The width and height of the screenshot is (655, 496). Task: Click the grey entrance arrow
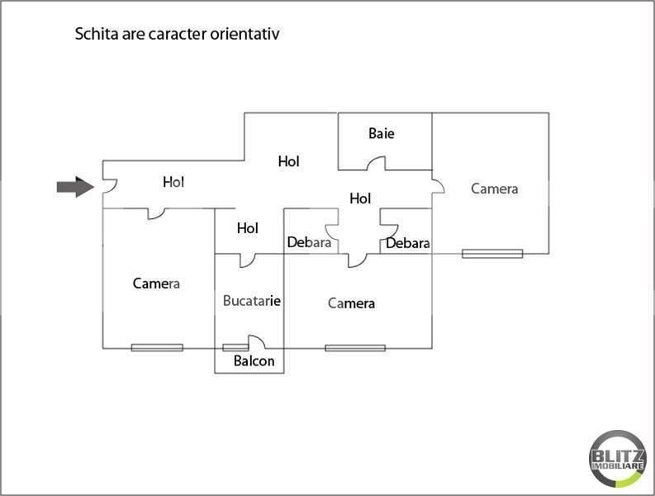74,188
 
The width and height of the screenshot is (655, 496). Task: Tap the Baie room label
382,133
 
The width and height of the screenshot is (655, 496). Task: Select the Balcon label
254,361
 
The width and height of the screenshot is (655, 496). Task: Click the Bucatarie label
252,301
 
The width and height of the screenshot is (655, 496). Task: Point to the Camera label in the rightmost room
494,188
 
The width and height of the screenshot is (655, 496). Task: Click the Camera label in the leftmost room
156,284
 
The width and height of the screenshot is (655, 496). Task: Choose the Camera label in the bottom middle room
351,303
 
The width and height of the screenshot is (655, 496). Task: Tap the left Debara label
309,243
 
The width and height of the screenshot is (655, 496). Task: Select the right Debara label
408,243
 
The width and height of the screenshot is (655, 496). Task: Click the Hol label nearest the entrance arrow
173,182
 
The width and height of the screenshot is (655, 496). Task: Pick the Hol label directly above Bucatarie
248,228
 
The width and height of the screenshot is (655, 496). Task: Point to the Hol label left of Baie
288,162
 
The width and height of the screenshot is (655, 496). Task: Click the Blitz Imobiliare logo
618,457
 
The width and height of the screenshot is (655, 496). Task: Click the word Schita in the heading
95,35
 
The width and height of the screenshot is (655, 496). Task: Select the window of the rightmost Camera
492,253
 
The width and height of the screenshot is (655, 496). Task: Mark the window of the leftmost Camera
157,348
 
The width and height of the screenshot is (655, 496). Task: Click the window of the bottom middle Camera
355,348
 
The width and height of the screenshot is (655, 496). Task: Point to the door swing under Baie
377,164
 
